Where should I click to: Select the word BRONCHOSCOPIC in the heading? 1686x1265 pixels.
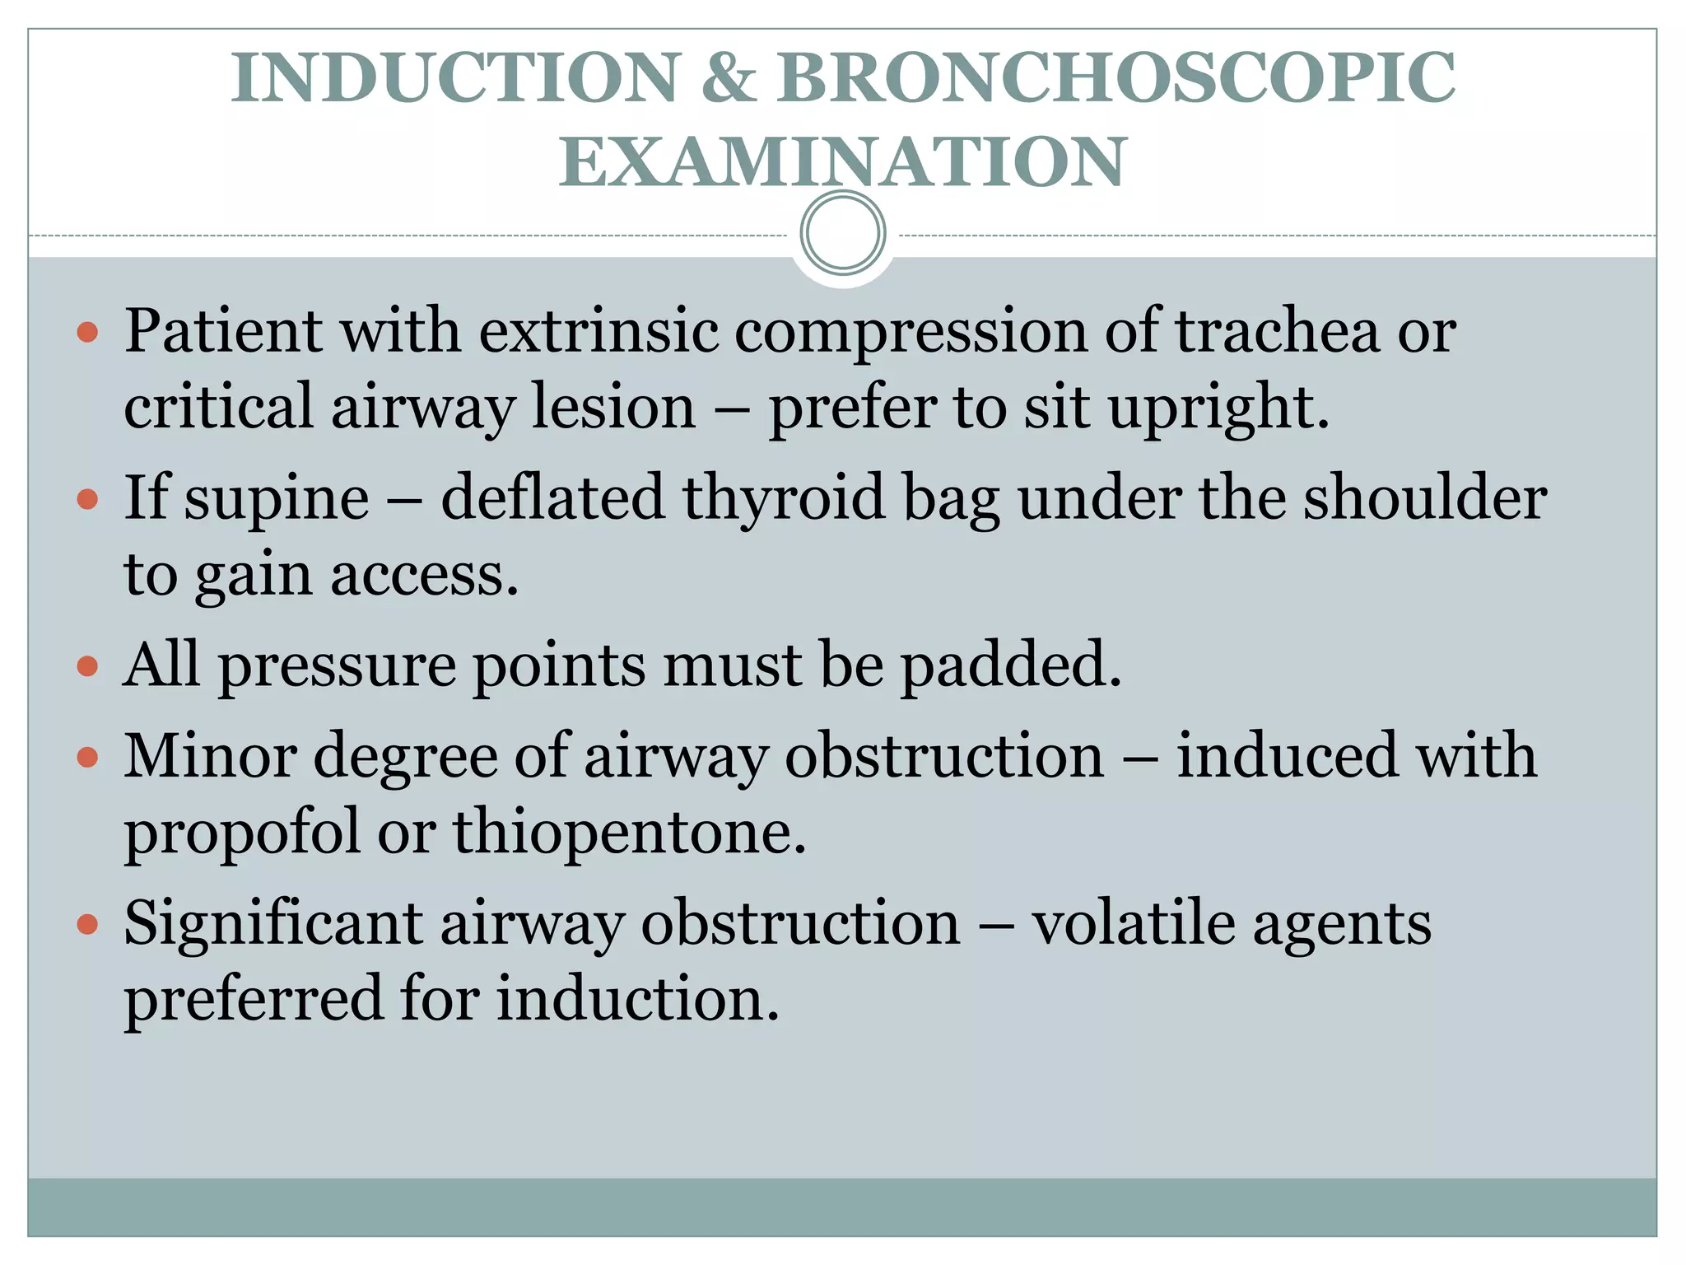(1115, 78)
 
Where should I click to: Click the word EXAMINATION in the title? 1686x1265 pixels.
(842, 162)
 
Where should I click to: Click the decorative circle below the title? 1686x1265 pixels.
(842, 233)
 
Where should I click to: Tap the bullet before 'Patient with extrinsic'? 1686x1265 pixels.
(87, 333)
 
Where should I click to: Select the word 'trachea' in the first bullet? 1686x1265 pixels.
(1276, 331)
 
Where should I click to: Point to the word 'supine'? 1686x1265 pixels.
(276, 500)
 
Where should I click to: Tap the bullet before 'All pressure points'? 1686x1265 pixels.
(87, 665)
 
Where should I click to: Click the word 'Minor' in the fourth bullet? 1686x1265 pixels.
(211, 755)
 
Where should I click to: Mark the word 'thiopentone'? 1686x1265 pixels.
(629, 832)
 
